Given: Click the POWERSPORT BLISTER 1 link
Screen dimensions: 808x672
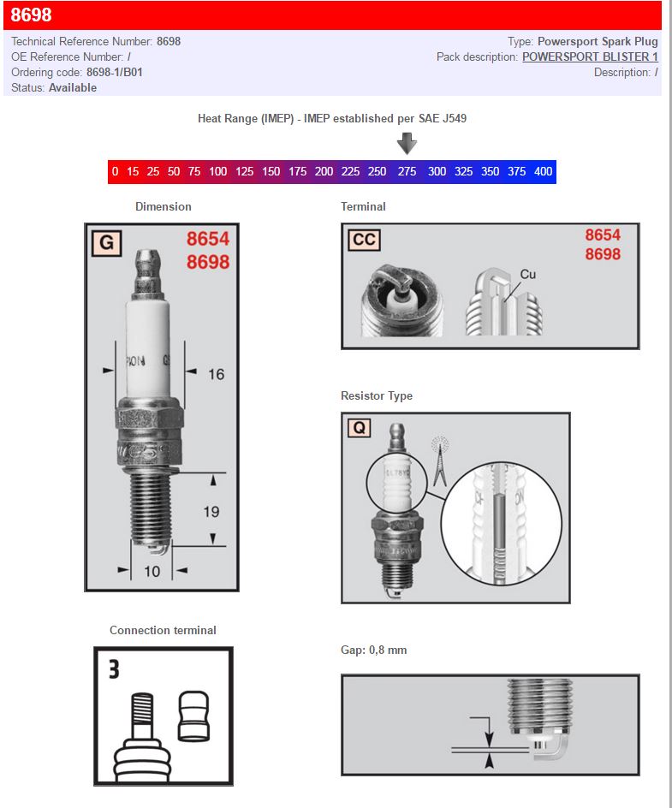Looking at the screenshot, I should pyautogui.click(x=590, y=56).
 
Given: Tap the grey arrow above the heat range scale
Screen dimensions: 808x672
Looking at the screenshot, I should pyautogui.click(x=407, y=143).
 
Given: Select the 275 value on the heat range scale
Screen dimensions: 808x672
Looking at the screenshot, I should pyautogui.click(x=407, y=171).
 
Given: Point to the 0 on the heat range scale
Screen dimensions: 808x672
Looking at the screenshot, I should pyautogui.click(x=115, y=171).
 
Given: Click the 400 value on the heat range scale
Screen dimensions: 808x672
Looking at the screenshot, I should pyautogui.click(x=543, y=171).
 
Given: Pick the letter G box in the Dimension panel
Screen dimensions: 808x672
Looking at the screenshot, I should pyautogui.click(x=106, y=243).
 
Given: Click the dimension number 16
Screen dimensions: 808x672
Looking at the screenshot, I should pyautogui.click(x=216, y=374).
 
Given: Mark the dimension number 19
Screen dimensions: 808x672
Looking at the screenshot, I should pyautogui.click(x=211, y=512).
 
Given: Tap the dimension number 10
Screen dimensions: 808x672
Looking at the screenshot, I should pyautogui.click(x=152, y=571).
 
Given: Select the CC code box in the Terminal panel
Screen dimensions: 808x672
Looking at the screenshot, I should pyautogui.click(x=364, y=240).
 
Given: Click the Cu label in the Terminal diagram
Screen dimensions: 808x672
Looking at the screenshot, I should pyautogui.click(x=528, y=274).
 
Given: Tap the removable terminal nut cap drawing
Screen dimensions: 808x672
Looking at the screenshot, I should pyautogui.click(x=193, y=716).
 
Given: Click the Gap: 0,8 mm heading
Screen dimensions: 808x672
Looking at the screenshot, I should pyautogui.click(x=373, y=651).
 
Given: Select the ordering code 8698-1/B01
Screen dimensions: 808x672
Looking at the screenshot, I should pyautogui.click(x=114, y=72).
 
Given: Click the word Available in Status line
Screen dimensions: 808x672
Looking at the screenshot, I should pyautogui.click(x=73, y=87).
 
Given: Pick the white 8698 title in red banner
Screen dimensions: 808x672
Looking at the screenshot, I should pyautogui.click(x=31, y=15).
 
